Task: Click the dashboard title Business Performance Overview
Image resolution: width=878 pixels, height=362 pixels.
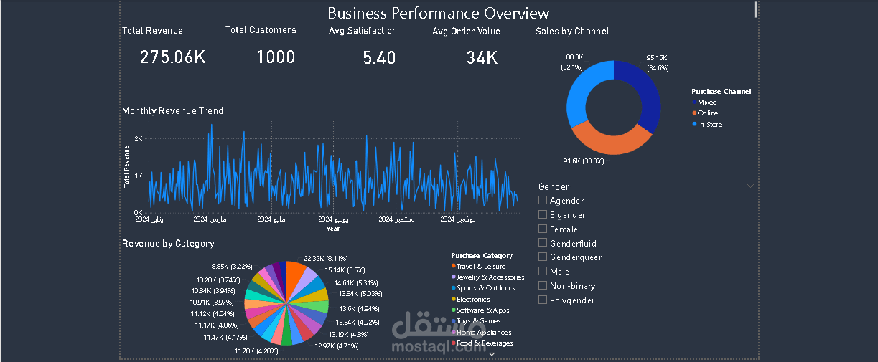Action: (438, 13)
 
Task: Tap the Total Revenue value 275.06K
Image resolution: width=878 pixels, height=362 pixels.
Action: (172, 57)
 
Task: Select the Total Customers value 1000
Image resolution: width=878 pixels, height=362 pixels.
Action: (276, 57)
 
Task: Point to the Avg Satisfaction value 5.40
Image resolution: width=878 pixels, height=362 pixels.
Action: (379, 57)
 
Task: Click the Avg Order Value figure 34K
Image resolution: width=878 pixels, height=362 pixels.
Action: (482, 57)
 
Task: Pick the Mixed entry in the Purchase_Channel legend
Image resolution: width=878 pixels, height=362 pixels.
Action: (707, 103)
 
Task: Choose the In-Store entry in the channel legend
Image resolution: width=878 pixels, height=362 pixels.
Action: (710, 125)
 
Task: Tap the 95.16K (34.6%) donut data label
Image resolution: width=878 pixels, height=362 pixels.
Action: (657, 62)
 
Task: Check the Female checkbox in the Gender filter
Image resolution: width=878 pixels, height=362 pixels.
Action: (543, 229)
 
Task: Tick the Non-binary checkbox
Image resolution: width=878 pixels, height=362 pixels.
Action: (543, 286)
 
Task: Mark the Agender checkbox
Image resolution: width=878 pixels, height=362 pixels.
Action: (543, 201)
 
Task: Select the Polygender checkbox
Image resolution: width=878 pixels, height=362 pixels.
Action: (543, 300)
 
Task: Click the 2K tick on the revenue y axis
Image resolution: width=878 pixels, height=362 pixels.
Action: (138, 138)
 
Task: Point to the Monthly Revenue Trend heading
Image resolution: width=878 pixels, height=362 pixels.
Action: (172, 111)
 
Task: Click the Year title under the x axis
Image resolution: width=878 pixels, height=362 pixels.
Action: (333, 229)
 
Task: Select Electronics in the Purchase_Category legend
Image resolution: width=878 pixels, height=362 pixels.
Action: (473, 299)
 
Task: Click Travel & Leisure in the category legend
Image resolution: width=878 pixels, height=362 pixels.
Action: (480, 267)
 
